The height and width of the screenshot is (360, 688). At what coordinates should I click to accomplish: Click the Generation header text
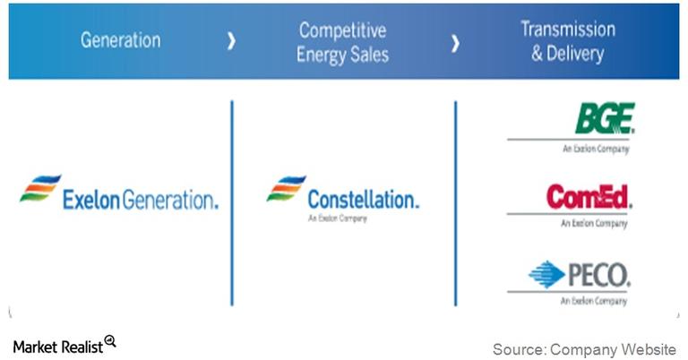pyautogui.click(x=121, y=40)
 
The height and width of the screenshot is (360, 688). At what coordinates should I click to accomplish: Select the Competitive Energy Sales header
pyautogui.click(x=344, y=41)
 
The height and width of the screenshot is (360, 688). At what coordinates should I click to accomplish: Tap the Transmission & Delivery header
pyautogui.click(x=568, y=40)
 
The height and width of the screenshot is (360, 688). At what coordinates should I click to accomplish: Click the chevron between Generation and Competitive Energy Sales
pyautogui.click(x=232, y=41)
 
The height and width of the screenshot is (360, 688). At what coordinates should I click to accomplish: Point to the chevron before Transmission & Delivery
pyautogui.click(x=456, y=41)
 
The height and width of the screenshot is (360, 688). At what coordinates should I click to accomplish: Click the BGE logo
pyautogui.click(x=605, y=119)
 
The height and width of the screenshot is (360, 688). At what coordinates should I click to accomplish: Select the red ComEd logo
pyautogui.click(x=588, y=197)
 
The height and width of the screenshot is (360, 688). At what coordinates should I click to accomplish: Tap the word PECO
pyautogui.click(x=598, y=274)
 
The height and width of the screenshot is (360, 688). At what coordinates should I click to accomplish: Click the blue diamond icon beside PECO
pyautogui.click(x=546, y=274)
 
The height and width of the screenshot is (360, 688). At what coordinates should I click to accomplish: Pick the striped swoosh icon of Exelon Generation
pyautogui.click(x=40, y=189)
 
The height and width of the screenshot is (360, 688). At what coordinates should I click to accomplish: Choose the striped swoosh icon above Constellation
pyautogui.click(x=286, y=189)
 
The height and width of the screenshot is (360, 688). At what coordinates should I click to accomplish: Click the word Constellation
pyautogui.click(x=362, y=200)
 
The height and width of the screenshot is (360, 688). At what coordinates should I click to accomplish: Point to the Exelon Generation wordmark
pyautogui.click(x=140, y=200)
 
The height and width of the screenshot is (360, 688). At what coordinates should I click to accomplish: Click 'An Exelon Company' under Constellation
pyautogui.click(x=337, y=218)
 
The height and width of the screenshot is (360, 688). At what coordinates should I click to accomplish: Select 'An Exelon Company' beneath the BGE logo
pyautogui.click(x=596, y=150)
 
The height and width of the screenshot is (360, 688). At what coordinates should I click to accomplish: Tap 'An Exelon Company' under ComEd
pyautogui.click(x=596, y=224)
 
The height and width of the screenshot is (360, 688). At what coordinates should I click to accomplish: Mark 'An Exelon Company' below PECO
pyautogui.click(x=596, y=302)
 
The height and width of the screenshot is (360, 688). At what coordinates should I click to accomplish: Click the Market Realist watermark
pyautogui.click(x=57, y=347)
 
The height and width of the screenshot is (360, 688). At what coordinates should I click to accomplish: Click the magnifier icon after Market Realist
pyautogui.click(x=110, y=341)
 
